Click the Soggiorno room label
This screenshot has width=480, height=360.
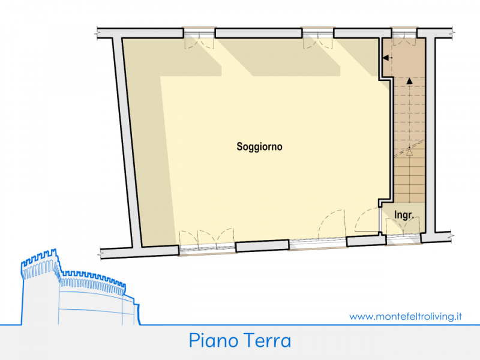259,146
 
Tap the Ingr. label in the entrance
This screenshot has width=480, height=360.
404,215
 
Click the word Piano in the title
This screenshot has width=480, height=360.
214,340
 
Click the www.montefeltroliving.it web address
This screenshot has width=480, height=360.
406,316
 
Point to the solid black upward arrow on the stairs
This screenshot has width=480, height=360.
409,81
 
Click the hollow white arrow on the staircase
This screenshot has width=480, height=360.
409,152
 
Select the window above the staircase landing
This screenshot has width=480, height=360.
404,33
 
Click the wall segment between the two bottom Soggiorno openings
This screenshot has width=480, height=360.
262,246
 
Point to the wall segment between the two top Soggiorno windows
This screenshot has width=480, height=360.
259,33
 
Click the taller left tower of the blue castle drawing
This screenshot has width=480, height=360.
40,286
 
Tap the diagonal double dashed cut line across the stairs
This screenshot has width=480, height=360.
409,149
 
